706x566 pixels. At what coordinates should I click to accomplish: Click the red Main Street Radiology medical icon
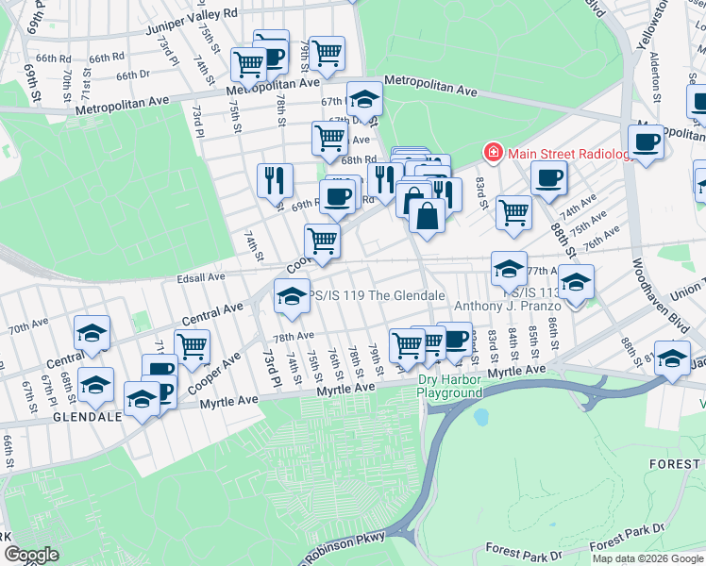click(492, 152)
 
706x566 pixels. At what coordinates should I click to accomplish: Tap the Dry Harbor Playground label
click(450, 386)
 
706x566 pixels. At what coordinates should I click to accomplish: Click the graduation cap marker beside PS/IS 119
click(293, 296)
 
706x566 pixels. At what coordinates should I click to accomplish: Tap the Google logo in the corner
click(32, 555)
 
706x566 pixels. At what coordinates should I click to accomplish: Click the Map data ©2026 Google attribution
click(647, 558)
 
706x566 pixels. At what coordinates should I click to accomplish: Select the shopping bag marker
click(427, 215)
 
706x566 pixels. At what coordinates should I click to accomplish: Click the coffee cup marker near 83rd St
click(547, 177)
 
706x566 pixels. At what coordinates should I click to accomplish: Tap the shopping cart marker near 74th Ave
click(513, 212)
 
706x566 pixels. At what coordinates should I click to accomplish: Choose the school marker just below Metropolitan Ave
click(364, 99)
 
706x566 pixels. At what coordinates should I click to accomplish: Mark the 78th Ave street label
click(294, 336)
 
